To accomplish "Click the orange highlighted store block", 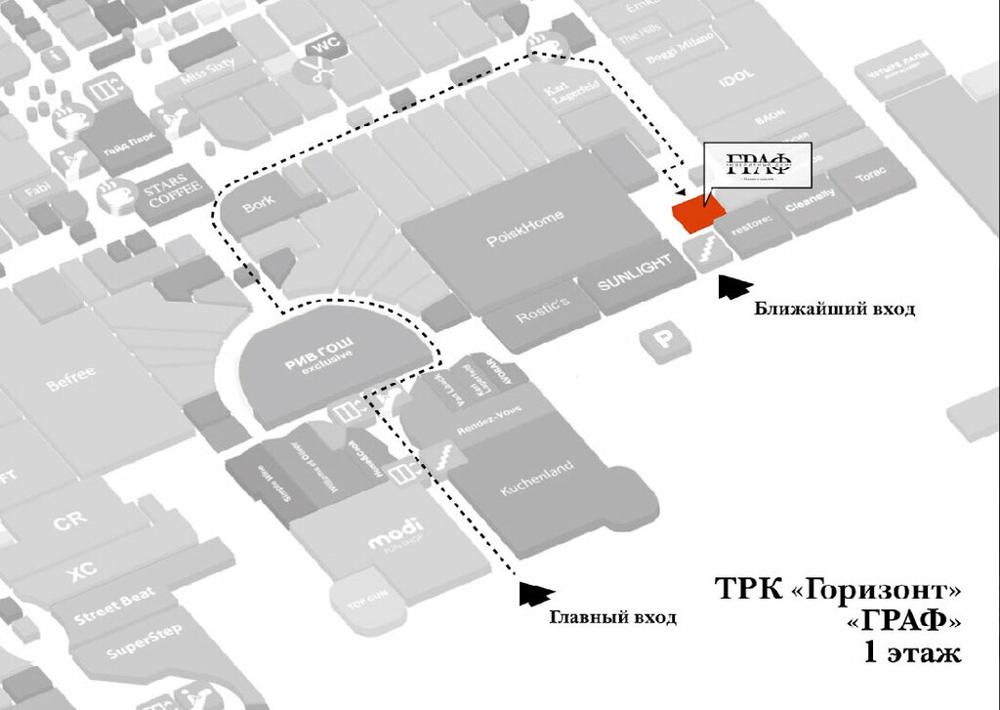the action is pyautogui.click(x=696, y=214).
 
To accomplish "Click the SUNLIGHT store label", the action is pyautogui.click(x=635, y=273).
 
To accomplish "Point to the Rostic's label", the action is pyautogui.click(x=542, y=312).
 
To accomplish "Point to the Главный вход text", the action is pyautogui.click(x=613, y=617).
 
